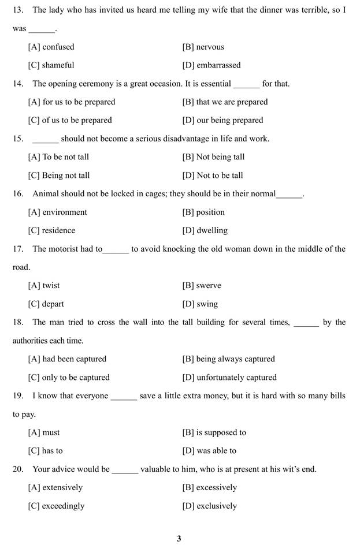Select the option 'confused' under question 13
[58, 47]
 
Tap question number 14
[18, 84]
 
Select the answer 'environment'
[64, 212]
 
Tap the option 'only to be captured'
[75, 378]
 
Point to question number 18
[18, 322]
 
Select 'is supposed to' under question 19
[221, 432]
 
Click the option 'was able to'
[216, 451]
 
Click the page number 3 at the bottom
[179, 539]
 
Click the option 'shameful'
[58, 65]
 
